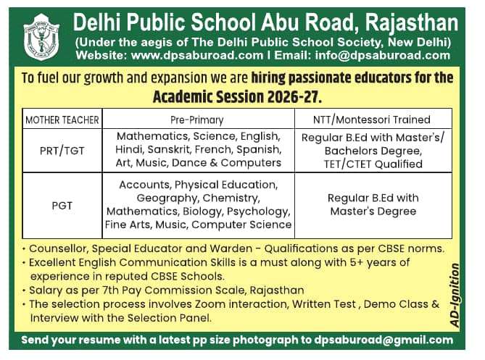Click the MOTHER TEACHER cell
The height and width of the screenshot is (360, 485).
pyautogui.click(x=62, y=120)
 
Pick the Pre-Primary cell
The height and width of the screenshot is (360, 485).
pyautogui.click(x=196, y=120)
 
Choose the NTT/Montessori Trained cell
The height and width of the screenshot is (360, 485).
pyautogui.click(x=372, y=120)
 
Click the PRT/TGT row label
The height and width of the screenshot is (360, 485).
pyautogui.click(x=62, y=150)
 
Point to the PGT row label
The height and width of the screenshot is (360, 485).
pyautogui.click(x=62, y=205)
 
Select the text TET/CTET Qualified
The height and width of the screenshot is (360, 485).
pyautogui.click(x=373, y=164)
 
